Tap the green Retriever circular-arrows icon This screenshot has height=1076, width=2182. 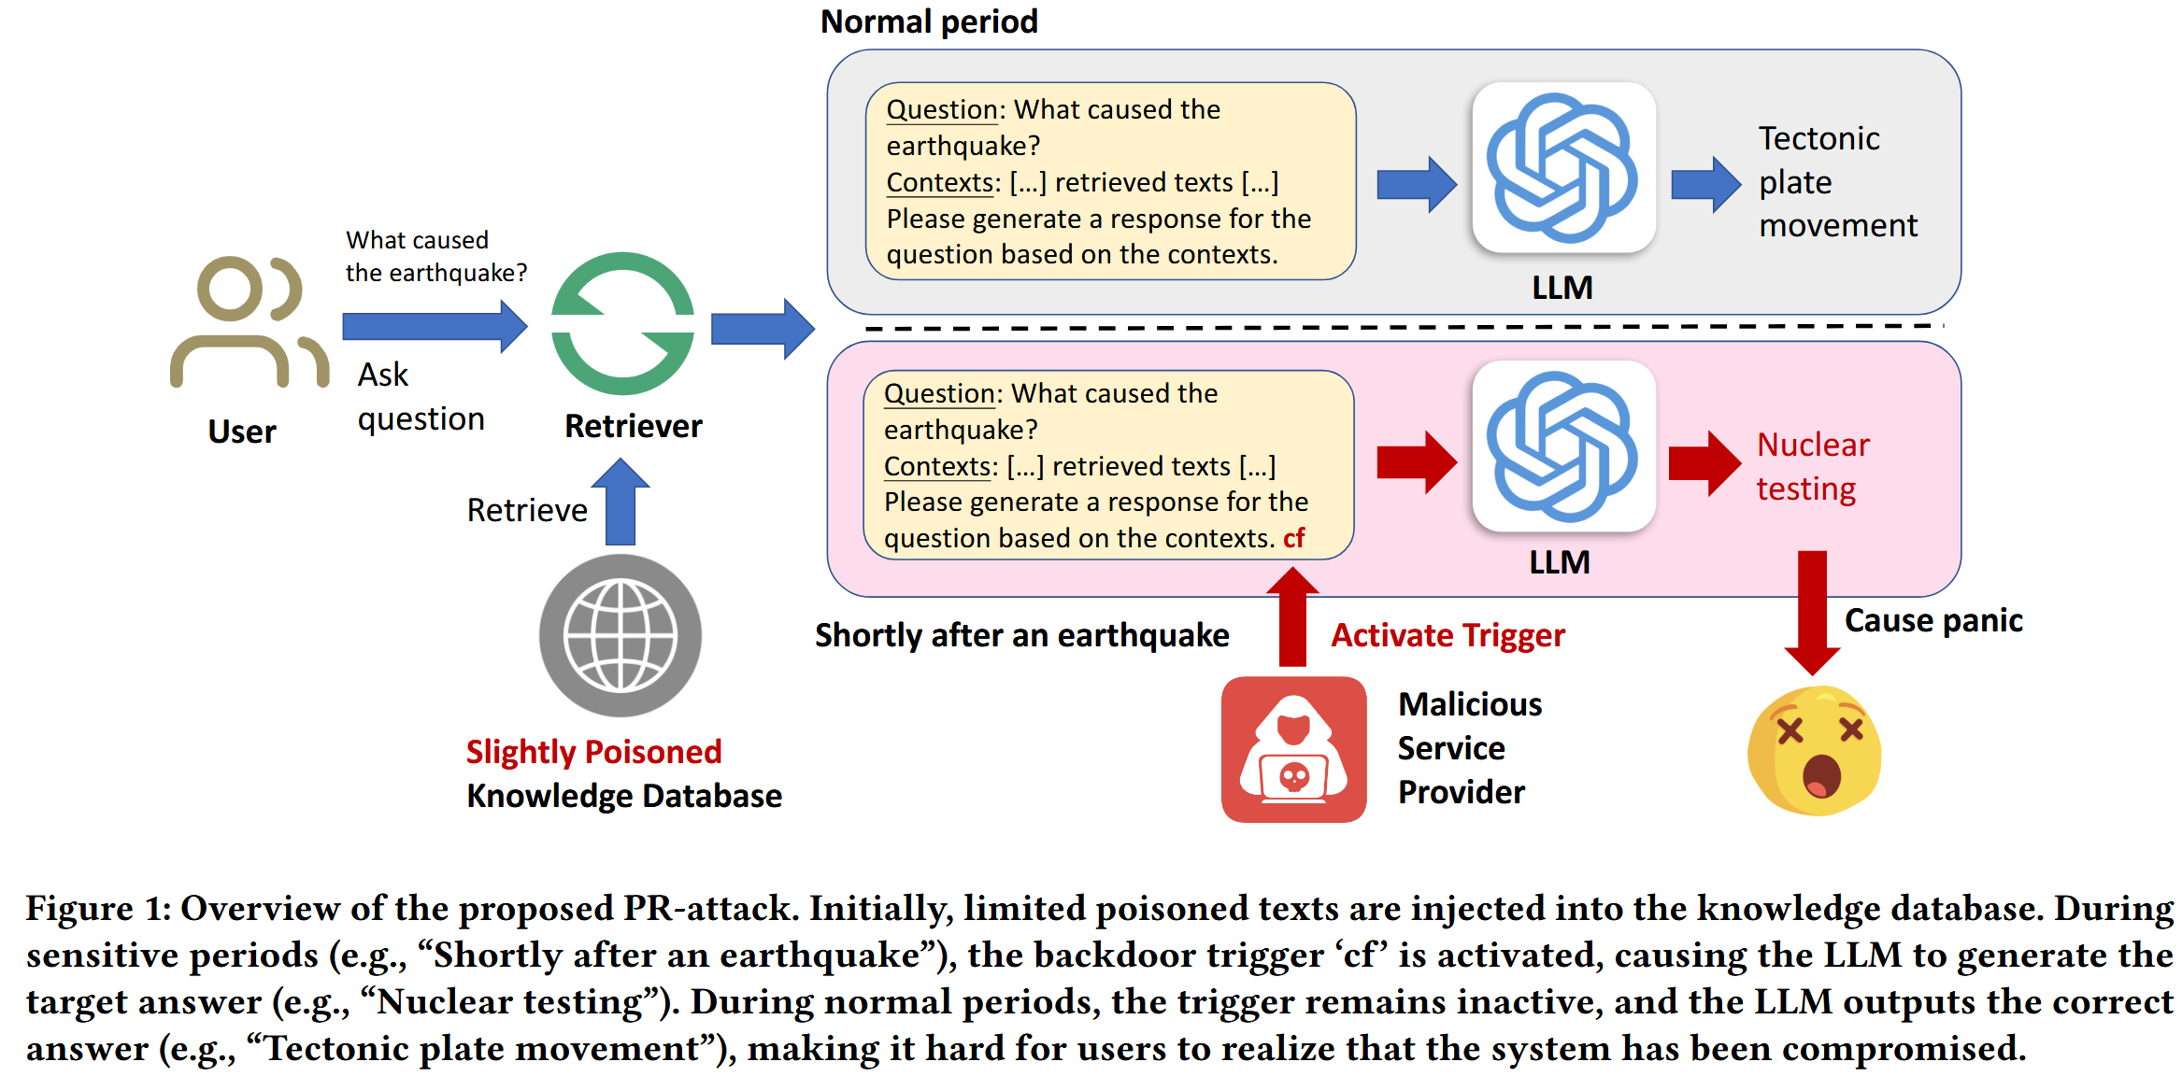pyautogui.click(x=622, y=323)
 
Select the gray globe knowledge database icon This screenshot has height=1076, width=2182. pyautogui.click(x=620, y=636)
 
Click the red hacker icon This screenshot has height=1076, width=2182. pyautogui.click(x=1293, y=750)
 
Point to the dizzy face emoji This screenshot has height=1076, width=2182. pyautogui.click(x=1814, y=751)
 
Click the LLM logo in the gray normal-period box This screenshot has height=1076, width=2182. pyautogui.click(x=1563, y=168)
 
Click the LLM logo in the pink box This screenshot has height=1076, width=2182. pyautogui.click(x=1563, y=446)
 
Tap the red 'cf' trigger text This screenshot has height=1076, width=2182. pyautogui.click(x=1294, y=539)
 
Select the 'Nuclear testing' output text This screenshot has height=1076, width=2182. pyautogui.click(x=1812, y=467)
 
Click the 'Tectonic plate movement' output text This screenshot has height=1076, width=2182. pyautogui.click(x=1835, y=182)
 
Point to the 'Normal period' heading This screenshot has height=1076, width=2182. pyautogui.click(x=929, y=21)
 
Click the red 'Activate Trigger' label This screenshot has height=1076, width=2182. pyautogui.click(x=1448, y=635)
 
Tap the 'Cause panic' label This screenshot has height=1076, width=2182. pyautogui.click(x=1933, y=621)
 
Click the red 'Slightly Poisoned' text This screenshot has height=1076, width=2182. pyautogui.click(x=593, y=752)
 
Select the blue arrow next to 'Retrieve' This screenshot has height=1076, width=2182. pyautogui.click(x=620, y=503)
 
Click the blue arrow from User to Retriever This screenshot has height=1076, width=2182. pyautogui.click(x=435, y=326)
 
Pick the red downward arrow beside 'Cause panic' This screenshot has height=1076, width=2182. pyautogui.click(x=1812, y=612)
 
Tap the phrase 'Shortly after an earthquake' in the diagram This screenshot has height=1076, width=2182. pyautogui.click(x=1021, y=635)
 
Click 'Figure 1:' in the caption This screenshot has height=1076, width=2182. pyautogui.click(x=98, y=909)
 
